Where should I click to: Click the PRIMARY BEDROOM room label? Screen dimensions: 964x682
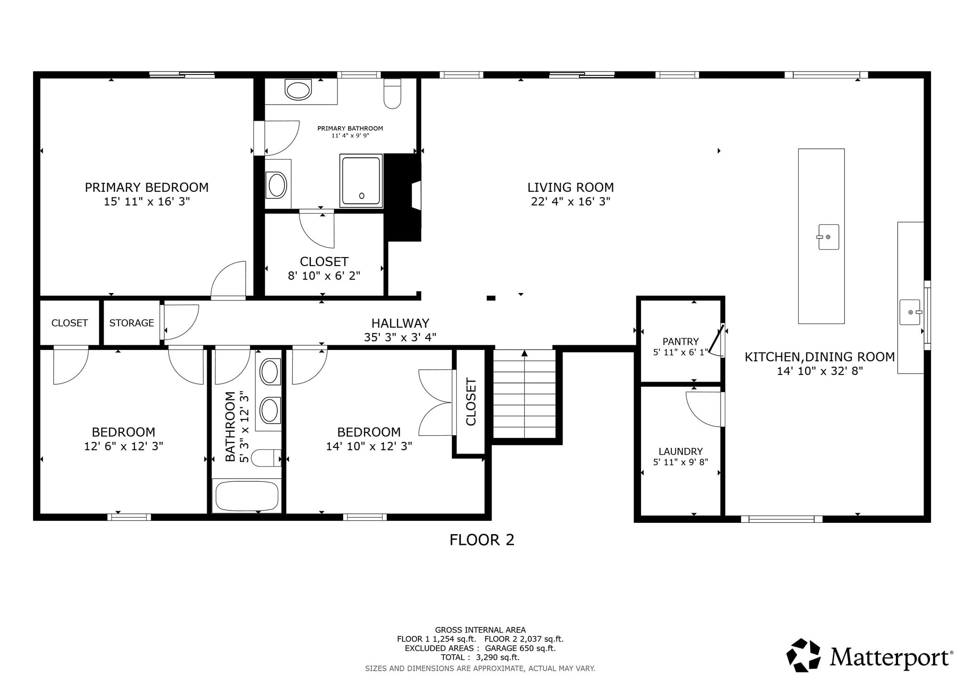146,187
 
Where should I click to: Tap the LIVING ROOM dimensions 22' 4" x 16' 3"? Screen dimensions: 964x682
570,202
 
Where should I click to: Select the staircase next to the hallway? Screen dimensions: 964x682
524,394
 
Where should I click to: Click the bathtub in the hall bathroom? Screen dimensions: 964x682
247,496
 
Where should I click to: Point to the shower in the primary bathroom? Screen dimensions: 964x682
361,181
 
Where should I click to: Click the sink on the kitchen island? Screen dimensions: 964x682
828,237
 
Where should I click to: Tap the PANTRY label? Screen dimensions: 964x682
680,341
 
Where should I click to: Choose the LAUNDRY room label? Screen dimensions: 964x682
680,452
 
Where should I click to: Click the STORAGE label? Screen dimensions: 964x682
132,323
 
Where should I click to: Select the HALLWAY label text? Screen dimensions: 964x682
400,324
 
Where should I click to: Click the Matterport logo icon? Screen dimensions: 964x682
803,655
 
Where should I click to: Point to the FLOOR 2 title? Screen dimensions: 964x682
482,540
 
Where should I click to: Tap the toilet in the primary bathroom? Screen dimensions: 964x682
392,93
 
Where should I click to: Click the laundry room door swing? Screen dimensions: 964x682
704,409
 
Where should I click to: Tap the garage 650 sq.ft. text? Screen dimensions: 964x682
520,648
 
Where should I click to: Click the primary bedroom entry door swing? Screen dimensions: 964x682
228,280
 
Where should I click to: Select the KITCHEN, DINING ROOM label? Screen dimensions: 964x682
819,357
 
